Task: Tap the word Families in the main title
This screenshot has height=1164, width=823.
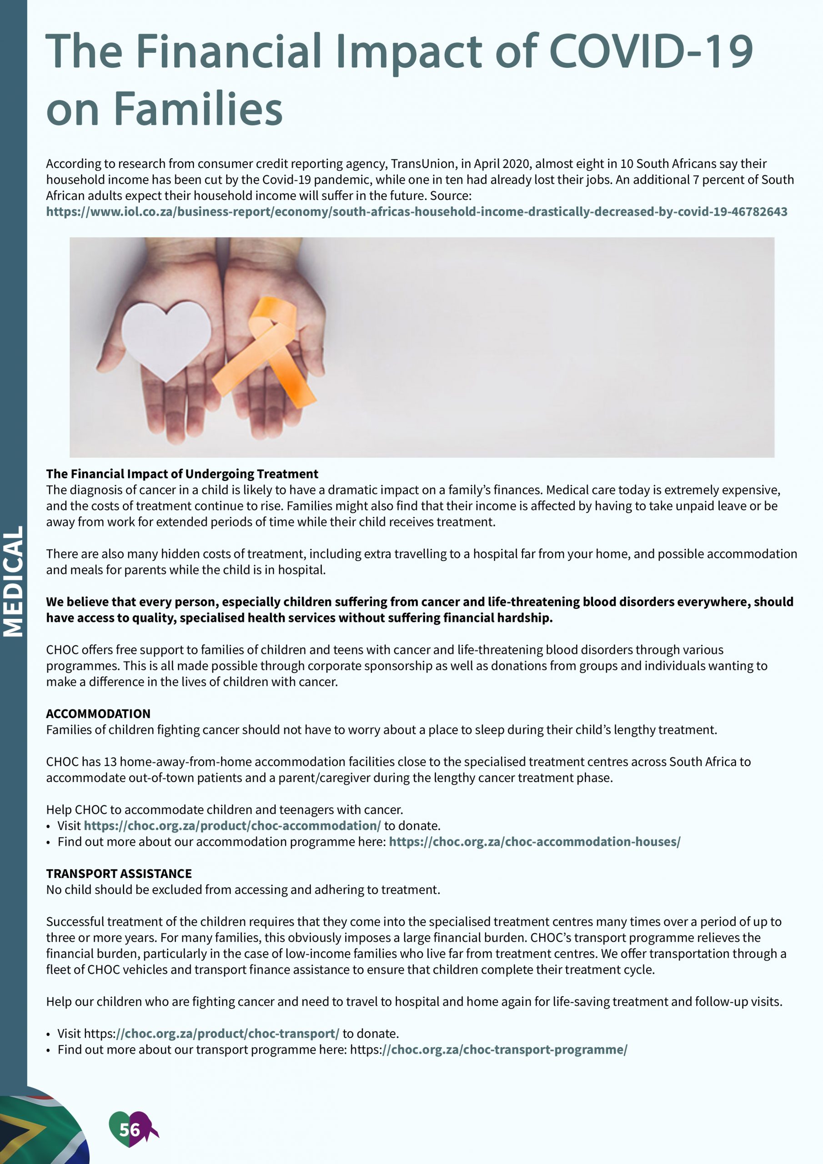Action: click(198, 109)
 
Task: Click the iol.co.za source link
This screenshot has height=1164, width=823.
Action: click(417, 212)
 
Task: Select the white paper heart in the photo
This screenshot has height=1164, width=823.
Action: click(166, 339)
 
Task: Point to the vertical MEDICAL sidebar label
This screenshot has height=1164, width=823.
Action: click(13, 581)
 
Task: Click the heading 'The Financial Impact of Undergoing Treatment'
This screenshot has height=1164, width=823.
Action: click(182, 474)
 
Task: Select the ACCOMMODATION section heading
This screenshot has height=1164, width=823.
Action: click(98, 714)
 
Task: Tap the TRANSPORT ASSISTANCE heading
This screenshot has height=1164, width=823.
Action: click(119, 873)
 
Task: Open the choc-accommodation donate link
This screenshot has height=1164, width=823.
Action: click(232, 826)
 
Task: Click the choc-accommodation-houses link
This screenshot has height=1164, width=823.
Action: click(534, 842)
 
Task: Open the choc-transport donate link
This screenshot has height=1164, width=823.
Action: click(212, 1034)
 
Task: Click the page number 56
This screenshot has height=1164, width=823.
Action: click(129, 1129)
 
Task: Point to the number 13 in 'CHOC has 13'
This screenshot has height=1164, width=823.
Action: click(110, 762)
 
